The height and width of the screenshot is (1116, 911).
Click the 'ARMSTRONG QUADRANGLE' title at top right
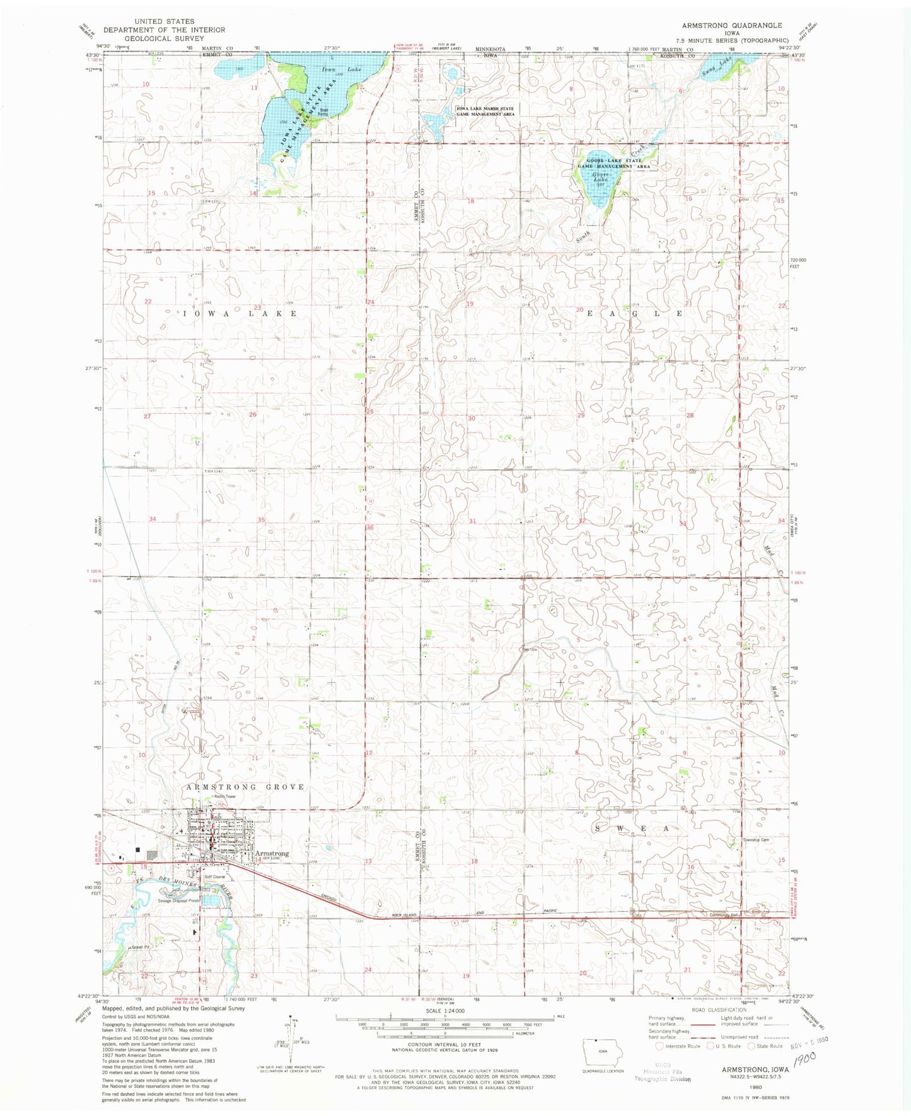point(731,25)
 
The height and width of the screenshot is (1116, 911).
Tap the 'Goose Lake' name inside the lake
point(600,176)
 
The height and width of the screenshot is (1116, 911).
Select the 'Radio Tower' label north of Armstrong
point(225,797)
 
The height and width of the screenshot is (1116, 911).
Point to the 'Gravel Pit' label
point(138,947)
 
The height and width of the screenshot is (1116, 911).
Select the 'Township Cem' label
point(756,840)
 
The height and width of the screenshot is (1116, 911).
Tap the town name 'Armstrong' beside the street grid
point(272,853)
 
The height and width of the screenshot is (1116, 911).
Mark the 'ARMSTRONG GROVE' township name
point(245,787)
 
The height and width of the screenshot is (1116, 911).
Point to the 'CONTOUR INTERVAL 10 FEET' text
point(444,1044)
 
